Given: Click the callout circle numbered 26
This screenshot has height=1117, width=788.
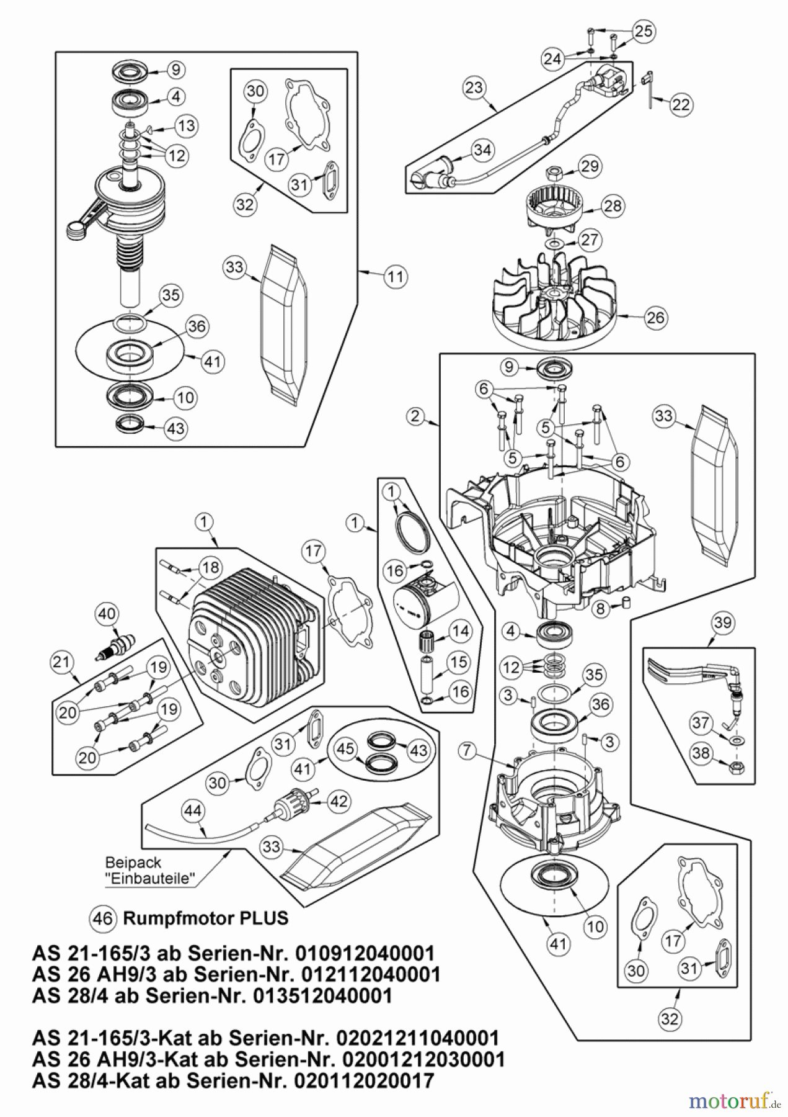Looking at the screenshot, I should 655,318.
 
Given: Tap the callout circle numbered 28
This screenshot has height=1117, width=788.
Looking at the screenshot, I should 613,205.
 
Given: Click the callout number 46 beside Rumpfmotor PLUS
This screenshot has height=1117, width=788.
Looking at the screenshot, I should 102,917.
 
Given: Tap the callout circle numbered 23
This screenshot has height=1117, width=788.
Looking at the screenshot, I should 474,87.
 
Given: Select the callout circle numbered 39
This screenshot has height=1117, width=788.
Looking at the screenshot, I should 723,622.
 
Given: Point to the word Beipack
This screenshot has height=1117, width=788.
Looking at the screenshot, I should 133,862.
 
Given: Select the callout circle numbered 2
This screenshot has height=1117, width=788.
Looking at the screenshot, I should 415,416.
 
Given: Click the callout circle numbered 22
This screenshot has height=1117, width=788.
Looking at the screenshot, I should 681,104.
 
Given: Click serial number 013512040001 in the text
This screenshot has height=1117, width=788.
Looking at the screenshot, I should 323,995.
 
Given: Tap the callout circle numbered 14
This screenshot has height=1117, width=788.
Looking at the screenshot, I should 459,632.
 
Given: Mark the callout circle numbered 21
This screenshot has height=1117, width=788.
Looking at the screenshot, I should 62,662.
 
